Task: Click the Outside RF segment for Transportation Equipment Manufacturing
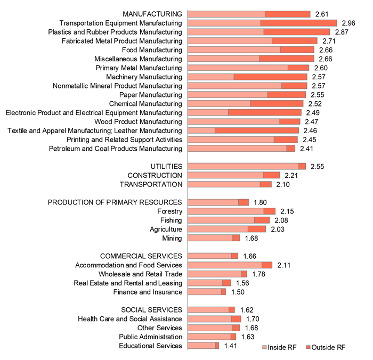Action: [x=298, y=23]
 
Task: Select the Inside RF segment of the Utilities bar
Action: [x=244, y=166]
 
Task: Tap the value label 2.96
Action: [x=348, y=23]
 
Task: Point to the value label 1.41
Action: [x=230, y=346]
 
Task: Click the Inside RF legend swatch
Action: [x=264, y=347]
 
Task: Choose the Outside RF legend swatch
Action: [x=307, y=347]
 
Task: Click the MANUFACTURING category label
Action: [x=152, y=14]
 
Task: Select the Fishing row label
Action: [x=171, y=220]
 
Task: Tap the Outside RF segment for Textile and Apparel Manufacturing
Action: [x=261, y=130]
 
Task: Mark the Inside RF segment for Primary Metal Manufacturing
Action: [x=238, y=68]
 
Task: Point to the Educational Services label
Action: [x=151, y=346]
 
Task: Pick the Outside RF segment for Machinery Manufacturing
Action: [x=270, y=77]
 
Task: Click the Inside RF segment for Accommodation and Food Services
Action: [x=225, y=265]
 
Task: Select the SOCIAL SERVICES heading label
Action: [x=152, y=310]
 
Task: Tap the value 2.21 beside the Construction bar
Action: [x=291, y=175]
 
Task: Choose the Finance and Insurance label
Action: [x=148, y=292]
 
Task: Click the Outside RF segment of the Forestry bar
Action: [x=269, y=211]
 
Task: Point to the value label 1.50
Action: [x=238, y=292]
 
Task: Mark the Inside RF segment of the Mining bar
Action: [x=210, y=238]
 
